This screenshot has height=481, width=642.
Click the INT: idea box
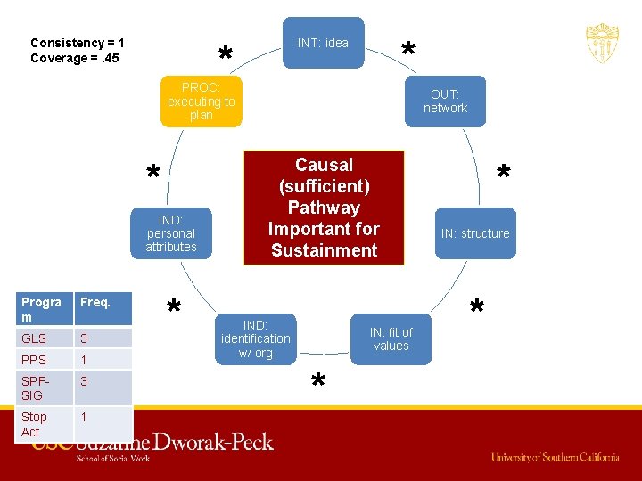pos(323,43)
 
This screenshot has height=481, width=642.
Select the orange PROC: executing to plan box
pos(202,102)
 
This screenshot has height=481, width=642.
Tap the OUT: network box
pos(445,101)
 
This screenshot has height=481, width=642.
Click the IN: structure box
pos(474,233)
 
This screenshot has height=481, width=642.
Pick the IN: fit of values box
pos(391,339)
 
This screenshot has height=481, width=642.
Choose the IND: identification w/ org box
pos(255,338)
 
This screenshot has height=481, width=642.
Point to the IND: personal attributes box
pos(170,233)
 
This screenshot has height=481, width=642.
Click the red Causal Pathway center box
pos(324,208)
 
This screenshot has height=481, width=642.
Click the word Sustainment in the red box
pos(324,250)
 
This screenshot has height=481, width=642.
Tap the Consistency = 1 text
pos(78,43)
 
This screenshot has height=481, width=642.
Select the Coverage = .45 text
pos(75,59)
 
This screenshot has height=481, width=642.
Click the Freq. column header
pos(95,302)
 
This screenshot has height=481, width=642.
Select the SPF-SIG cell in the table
pos(37,388)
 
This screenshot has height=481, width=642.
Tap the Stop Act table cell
pos(35,424)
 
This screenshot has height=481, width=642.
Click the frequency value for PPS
pos(85,360)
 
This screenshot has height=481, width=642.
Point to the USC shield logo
pos(602,43)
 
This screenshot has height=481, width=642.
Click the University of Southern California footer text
pos(555,457)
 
